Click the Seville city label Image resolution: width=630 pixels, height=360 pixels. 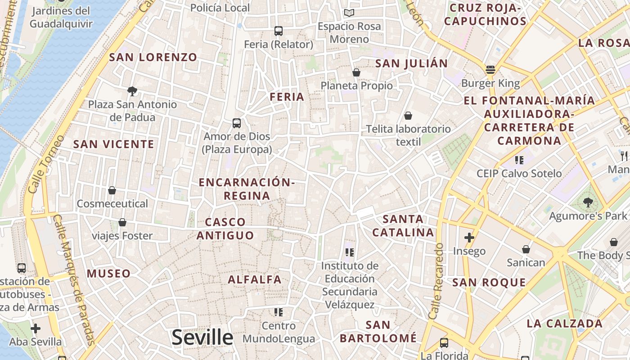click(x=202, y=337)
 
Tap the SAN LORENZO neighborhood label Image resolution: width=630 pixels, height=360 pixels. click(x=153, y=57)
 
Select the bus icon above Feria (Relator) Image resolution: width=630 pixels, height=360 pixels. click(x=279, y=31)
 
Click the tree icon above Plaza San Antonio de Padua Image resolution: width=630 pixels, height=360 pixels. click(x=132, y=91)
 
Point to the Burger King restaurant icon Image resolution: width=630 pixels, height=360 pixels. click(x=490, y=70)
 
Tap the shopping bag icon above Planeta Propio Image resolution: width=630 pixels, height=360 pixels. click(x=356, y=72)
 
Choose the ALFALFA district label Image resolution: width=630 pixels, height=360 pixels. click(x=255, y=279)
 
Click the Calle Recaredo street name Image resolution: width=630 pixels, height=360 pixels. click(x=436, y=281)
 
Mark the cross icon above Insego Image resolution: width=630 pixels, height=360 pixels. click(x=469, y=237)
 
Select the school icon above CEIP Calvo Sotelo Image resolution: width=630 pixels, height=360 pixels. click(x=519, y=160)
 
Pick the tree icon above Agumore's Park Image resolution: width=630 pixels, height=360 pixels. click(x=588, y=202)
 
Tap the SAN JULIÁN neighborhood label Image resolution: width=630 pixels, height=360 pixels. click(x=412, y=63)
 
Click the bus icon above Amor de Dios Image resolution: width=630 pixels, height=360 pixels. click(x=237, y=123)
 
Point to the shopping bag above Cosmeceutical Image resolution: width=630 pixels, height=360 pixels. click(x=112, y=191)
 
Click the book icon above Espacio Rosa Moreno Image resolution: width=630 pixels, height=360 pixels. click(x=349, y=13)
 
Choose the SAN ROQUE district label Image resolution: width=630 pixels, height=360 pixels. click(x=489, y=283)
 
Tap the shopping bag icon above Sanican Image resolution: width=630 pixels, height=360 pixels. click(x=526, y=249)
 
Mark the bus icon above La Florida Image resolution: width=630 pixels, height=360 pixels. click(x=444, y=343)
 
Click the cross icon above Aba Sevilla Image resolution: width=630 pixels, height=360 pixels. click(x=36, y=328)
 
